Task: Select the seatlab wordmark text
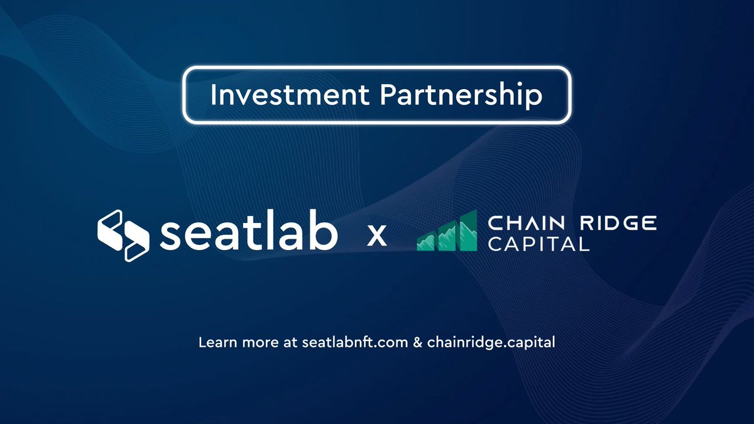click(249, 234)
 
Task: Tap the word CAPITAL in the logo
click(538, 244)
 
